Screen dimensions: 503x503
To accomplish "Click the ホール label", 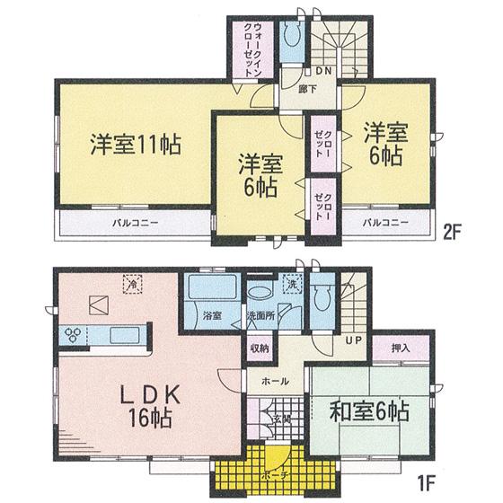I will (274, 382).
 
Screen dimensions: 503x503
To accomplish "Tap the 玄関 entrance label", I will (278, 418).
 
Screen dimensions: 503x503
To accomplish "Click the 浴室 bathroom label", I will (212, 317).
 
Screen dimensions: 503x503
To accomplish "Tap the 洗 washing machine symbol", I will (291, 285).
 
